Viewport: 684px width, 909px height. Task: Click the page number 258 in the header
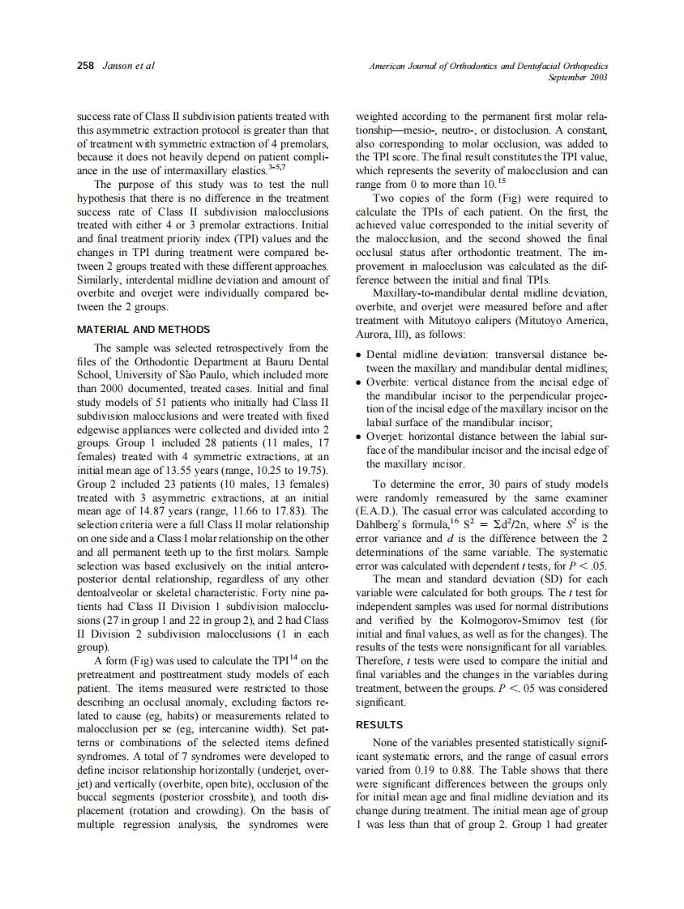point(85,66)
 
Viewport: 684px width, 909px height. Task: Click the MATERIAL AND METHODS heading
point(143,330)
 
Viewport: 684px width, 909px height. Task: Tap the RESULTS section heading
point(379,725)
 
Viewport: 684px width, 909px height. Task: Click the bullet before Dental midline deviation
point(360,356)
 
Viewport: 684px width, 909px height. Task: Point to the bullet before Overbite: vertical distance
point(360,381)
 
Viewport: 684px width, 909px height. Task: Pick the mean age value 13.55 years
point(210,471)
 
